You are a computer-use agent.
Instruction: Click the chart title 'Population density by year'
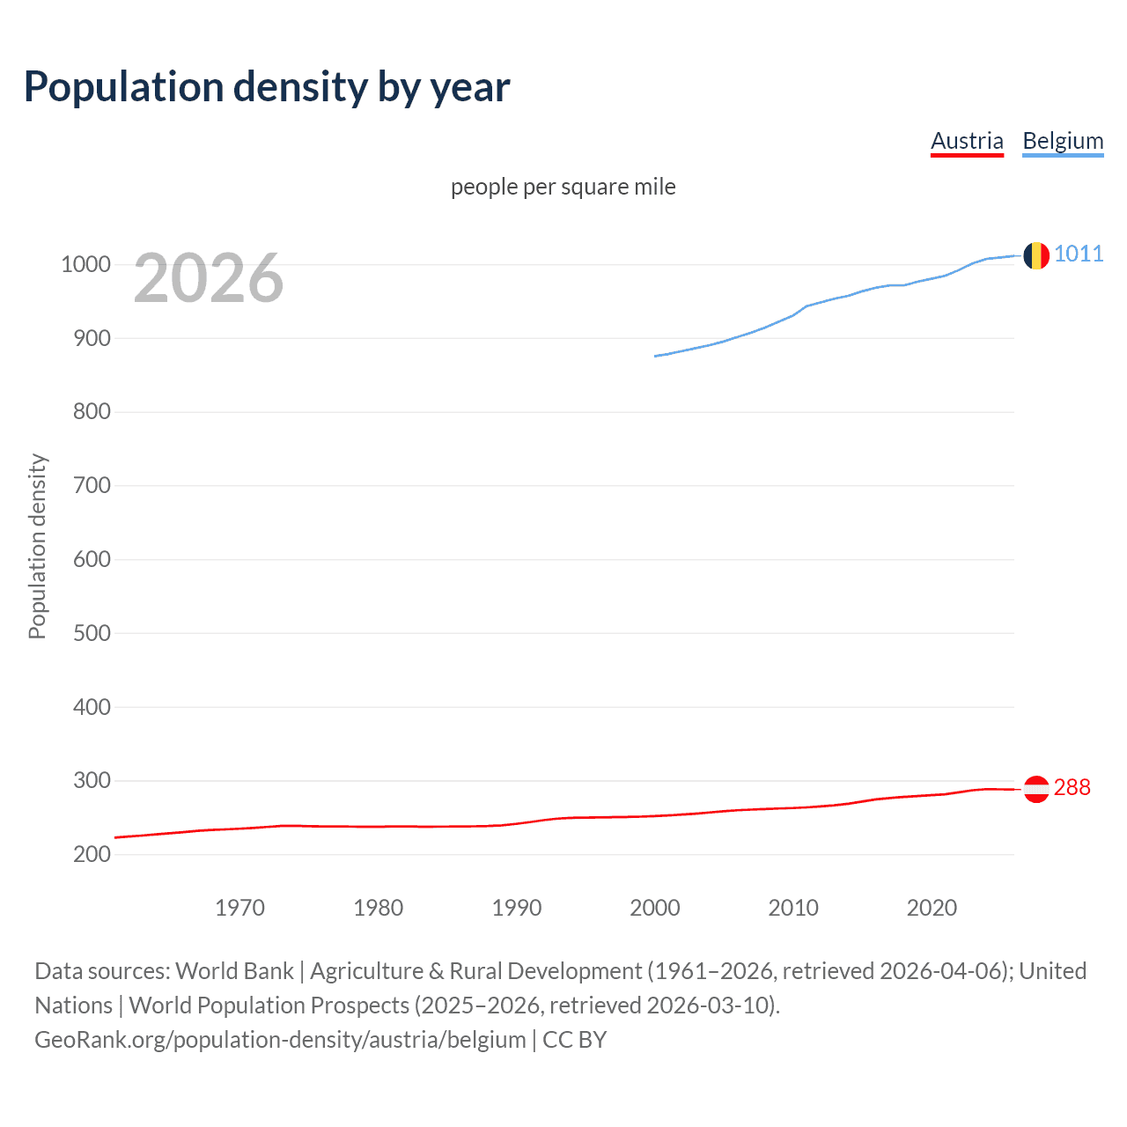pyautogui.click(x=267, y=87)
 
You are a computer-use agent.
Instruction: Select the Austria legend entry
pyautogui.click(x=967, y=141)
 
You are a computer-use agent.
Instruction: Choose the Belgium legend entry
pyautogui.click(x=1063, y=141)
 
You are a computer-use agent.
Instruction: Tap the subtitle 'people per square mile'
pyautogui.click(x=563, y=187)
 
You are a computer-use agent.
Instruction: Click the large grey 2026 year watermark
pyautogui.click(x=209, y=278)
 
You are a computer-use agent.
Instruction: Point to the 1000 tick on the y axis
pyautogui.click(x=85, y=264)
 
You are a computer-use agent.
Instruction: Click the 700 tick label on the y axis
pyautogui.click(x=91, y=485)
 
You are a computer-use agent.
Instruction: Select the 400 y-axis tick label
pyautogui.click(x=91, y=707)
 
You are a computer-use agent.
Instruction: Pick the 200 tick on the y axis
pyautogui.click(x=91, y=854)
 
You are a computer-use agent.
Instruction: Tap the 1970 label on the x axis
pyautogui.click(x=239, y=908)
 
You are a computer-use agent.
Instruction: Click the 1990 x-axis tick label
pyautogui.click(x=517, y=908)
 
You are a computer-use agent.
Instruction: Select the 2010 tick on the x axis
pyautogui.click(x=793, y=908)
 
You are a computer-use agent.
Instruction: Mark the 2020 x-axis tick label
pyautogui.click(x=932, y=908)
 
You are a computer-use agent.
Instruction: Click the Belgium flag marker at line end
pyautogui.click(x=1036, y=255)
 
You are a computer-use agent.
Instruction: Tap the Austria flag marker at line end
pyautogui.click(x=1036, y=789)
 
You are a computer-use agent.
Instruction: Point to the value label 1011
pyautogui.click(x=1079, y=254)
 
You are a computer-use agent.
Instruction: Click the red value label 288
pyautogui.click(x=1072, y=787)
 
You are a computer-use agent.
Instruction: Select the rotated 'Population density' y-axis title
pyautogui.click(x=37, y=546)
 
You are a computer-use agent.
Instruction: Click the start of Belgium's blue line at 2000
pyautogui.click(x=656, y=356)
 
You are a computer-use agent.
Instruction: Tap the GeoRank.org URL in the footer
pyautogui.click(x=280, y=1039)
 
